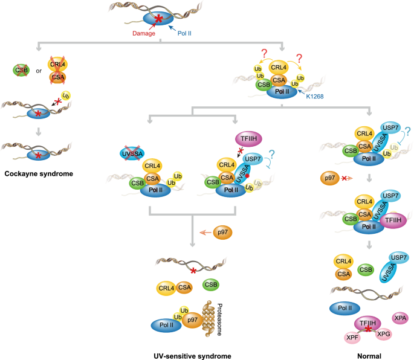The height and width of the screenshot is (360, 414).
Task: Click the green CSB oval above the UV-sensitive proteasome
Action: (x=210, y=283)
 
